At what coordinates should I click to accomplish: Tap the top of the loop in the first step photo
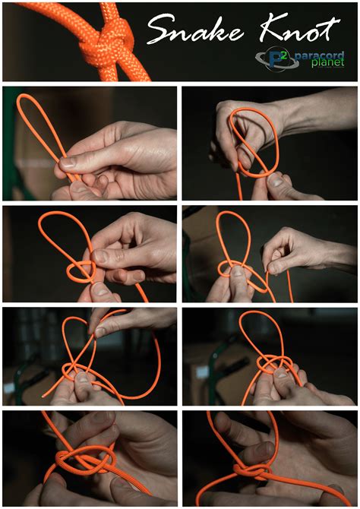(x=27, y=98)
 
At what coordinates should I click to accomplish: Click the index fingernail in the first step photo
(x=68, y=162)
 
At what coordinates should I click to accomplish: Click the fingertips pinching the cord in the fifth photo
(x=94, y=327)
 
